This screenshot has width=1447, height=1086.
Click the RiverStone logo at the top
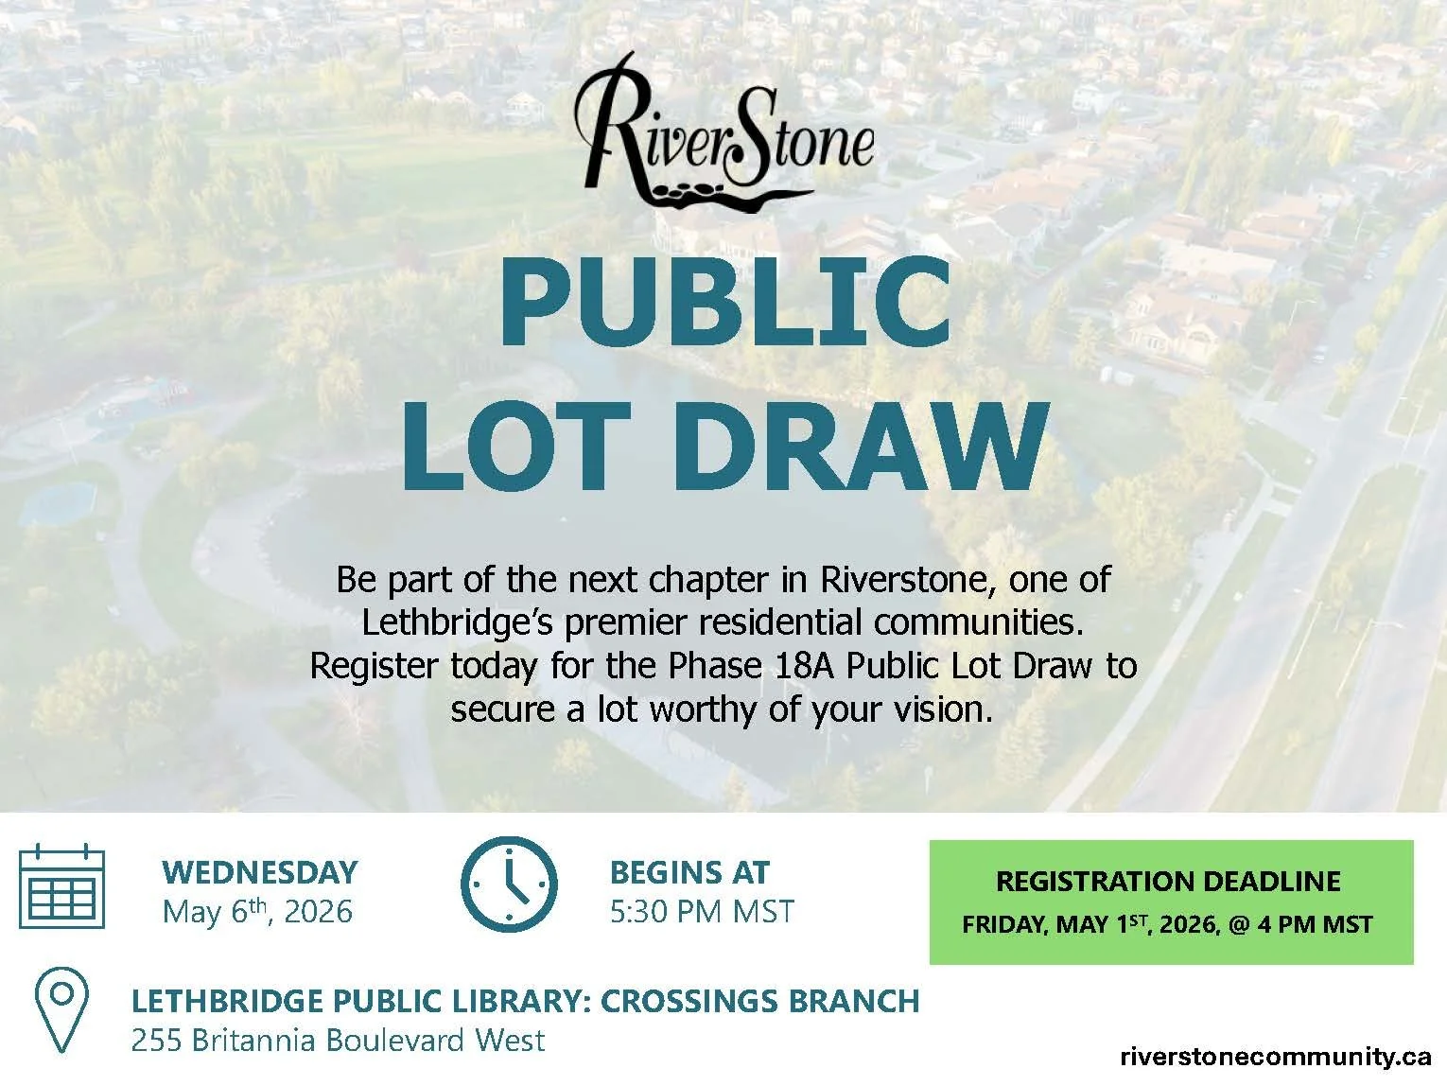click(x=724, y=132)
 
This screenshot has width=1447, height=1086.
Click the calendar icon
click(x=62, y=885)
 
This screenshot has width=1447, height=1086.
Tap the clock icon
click(x=509, y=881)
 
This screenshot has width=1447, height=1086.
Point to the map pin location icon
click(x=61, y=1010)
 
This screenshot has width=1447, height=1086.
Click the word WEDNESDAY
click(x=260, y=872)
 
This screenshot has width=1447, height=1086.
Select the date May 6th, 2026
click(x=257, y=912)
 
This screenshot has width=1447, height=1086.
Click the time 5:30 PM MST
click(x=702, y=912)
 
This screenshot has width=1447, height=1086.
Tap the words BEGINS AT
click(x=689, y=872)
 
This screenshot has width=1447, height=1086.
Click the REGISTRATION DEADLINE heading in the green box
click(x=1168, y=882)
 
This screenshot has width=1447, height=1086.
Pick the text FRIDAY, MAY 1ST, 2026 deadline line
click(x=1088, y=924)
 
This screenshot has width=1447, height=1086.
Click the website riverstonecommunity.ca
click(x=1276, y=1057)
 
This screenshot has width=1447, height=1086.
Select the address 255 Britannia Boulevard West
click(x=338, y=1041)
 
